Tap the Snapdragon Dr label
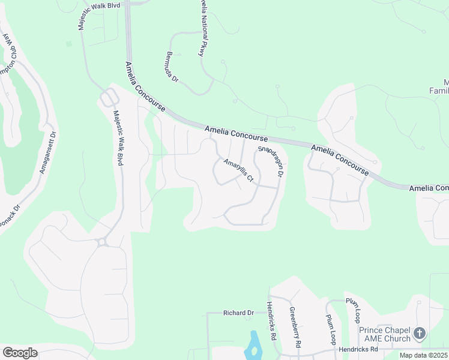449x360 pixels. point(270,161)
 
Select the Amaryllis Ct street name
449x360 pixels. point(239,170)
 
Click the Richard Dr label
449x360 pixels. point(238,313)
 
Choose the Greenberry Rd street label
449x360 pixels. point(294,328)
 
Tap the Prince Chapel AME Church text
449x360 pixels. point(384,334)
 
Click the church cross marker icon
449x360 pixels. point(420,332)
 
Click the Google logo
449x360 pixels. point(20,353)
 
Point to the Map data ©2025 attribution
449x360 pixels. point(424,355)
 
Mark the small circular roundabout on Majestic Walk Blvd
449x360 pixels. point(102,242)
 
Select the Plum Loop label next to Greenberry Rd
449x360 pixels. point(331,329)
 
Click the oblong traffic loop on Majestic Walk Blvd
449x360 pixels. point(109,97)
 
